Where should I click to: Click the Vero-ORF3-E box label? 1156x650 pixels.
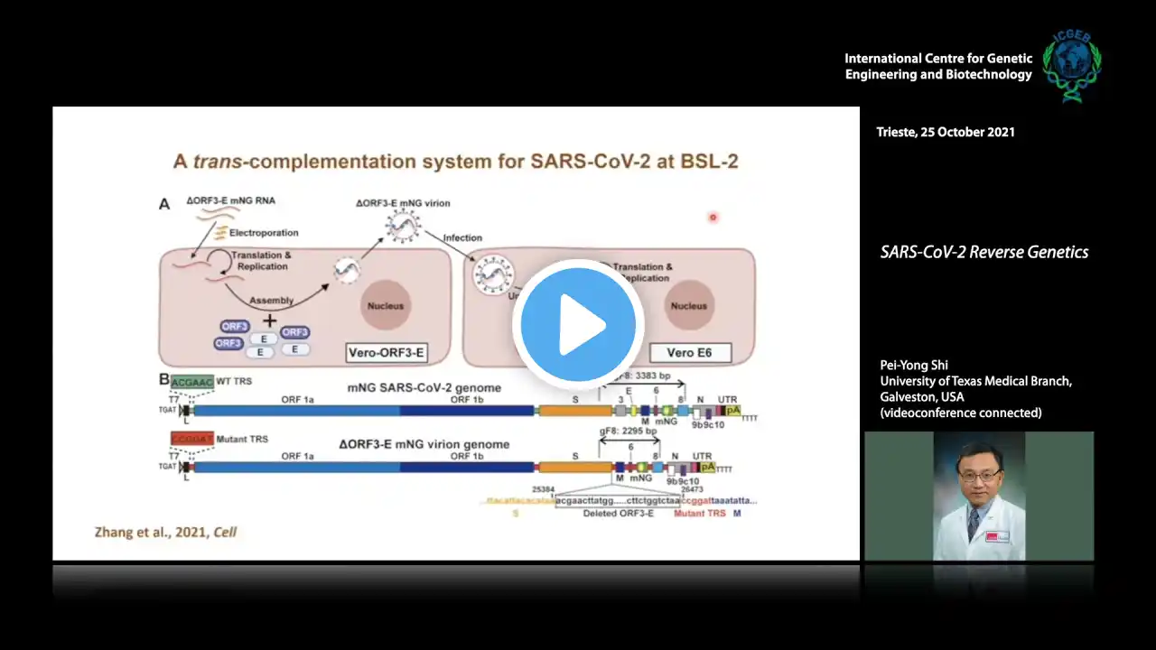pos(387,352)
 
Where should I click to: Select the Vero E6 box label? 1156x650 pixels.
pos(688,352)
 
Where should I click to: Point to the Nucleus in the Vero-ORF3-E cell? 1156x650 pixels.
pos(386,306)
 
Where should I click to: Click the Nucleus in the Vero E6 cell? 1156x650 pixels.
pos(688,306)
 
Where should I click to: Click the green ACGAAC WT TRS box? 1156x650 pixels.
pos(191,381)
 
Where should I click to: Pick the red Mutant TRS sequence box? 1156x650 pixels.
pos(192,439)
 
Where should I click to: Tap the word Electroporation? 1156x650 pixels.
pos(263,233)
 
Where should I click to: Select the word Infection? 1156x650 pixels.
pos(461,238)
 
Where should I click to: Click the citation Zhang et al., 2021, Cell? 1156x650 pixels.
pos(165,532)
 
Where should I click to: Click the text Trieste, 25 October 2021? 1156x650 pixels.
pos(946,132)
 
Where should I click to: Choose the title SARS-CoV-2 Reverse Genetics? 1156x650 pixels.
pos(984,253)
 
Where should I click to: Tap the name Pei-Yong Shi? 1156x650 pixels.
pos(914,366)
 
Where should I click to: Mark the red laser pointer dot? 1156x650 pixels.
pos(713,217)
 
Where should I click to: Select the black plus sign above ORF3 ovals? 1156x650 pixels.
pos(269,320)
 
